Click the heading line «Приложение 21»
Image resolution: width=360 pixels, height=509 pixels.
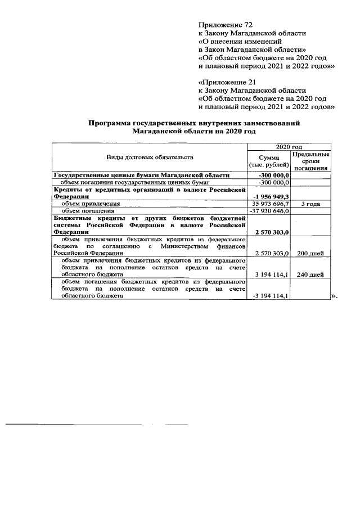pos(227,82)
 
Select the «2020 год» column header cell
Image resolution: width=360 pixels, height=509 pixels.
pos(289,146)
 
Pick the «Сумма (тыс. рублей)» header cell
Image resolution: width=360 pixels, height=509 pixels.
pos(269,161)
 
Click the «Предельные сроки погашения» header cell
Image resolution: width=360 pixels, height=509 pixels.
pos(310,161)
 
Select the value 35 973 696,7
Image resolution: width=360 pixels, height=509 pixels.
pos(268,204)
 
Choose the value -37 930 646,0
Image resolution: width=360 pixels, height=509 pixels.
pos(268,211)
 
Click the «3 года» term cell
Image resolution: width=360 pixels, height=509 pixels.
pos(310,204)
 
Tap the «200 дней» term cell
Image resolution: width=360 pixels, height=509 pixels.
pos(310,254)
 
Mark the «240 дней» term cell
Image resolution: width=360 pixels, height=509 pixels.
pos(310,275)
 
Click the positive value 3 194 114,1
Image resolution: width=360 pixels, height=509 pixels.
pos(269,275)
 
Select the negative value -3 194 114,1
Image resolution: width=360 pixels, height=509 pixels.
pos(268,296)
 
